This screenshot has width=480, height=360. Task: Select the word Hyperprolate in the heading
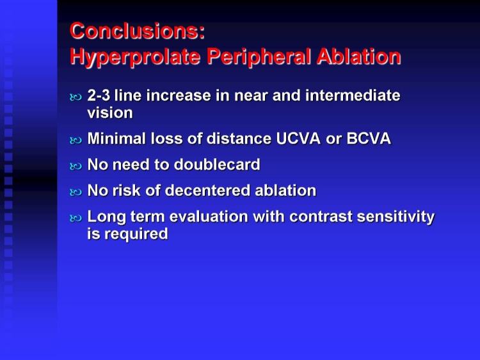point(135,57)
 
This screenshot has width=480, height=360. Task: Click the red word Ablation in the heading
point(359,56)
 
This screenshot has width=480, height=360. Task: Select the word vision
point(110,113)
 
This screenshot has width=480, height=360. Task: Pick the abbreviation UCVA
point(298,138)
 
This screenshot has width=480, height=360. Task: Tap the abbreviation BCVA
point(369,138)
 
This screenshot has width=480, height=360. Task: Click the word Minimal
point(116,138)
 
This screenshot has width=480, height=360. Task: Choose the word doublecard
point(217,165)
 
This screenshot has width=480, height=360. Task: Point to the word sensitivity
point(396,217)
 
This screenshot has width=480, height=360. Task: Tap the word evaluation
point(209,217)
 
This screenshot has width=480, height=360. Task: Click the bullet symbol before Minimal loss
point(76,141)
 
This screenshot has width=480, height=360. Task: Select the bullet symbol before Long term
point(76,218)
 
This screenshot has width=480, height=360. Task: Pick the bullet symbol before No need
point(76,167)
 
